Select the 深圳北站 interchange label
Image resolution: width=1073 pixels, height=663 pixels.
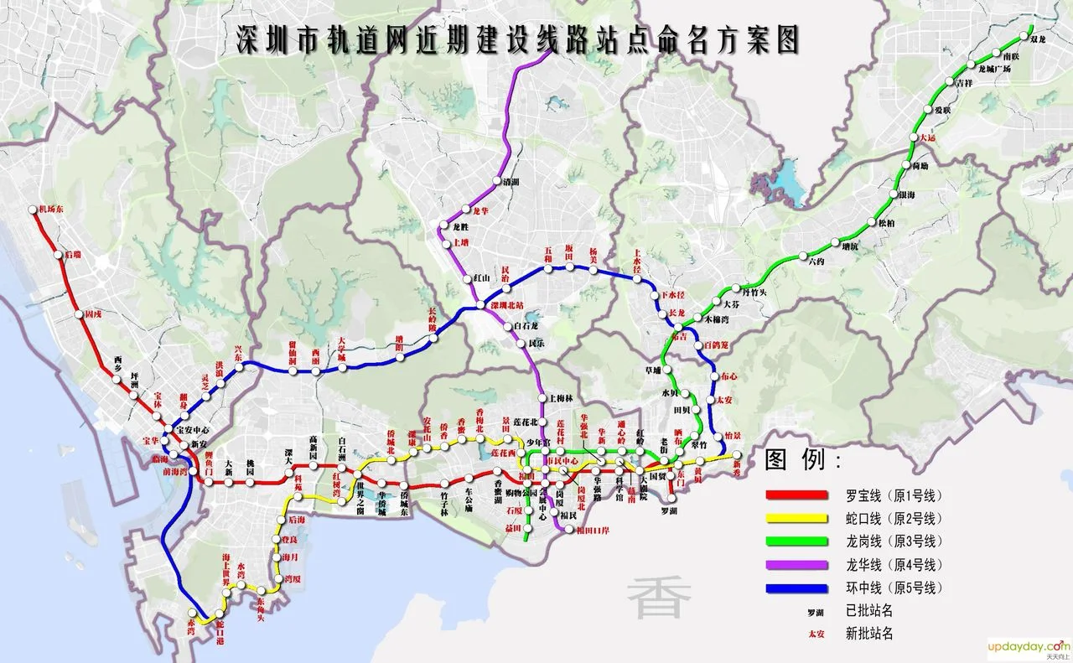tap(507, 305)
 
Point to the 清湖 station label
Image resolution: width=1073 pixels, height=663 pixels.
tap(511, 181)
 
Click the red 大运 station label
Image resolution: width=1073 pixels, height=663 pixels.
tap(926, 137)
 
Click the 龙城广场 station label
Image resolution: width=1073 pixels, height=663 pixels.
tap(995, 69)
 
